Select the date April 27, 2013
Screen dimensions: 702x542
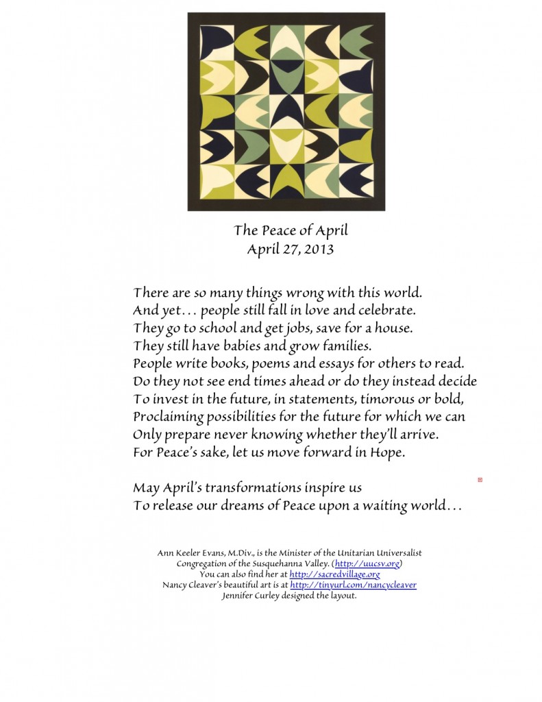click(x=290, y=250)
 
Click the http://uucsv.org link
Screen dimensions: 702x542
click(x=367, y=564)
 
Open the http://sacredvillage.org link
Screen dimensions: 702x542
click(x=334, y=574)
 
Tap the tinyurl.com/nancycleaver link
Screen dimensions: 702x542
click(x=353, y=585)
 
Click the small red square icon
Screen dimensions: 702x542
click(x=480, y=480)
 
